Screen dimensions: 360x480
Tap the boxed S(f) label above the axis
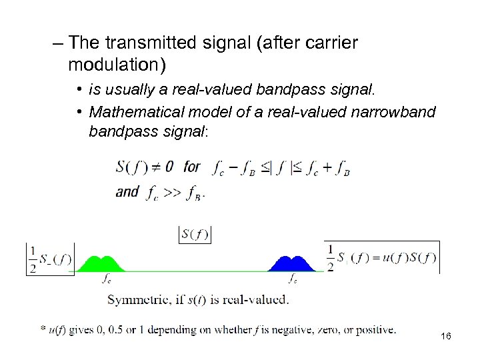pos(195,234)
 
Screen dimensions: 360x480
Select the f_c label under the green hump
pos(106,279)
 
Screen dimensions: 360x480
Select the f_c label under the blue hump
pos(293,279)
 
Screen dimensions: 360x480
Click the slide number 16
pos(446,337)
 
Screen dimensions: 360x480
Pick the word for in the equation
pos(192,166)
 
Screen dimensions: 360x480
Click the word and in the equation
pos(127,191)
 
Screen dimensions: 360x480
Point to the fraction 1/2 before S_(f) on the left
pos(31,258)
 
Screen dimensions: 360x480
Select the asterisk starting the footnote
pos(43,328)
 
